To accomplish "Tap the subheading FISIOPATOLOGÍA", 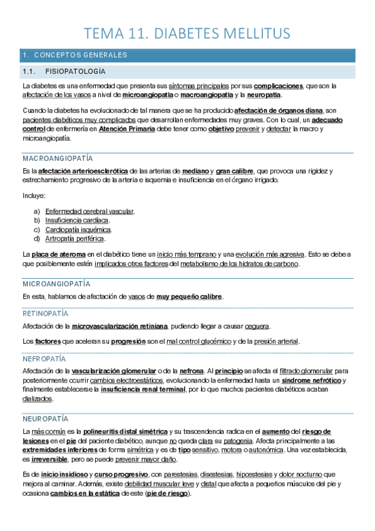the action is coord(81,72).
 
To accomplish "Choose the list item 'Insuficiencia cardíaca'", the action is coord(78,220).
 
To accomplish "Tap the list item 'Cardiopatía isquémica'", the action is coord(78,229).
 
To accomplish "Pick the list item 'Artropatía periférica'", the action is coord(75,239).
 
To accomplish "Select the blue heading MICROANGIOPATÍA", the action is coord(56,284).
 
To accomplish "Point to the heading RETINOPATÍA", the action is coord(45,313).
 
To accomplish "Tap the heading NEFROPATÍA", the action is coord(44,359).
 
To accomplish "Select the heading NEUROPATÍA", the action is coord(45,418).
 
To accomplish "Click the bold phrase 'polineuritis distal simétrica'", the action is coord(126,431).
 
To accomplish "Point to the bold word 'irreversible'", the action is coord(50,459).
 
